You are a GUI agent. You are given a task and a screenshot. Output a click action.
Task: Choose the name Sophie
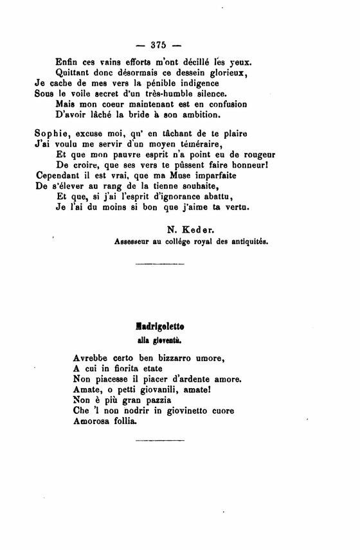pyautogui.click(x=51, y=134)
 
